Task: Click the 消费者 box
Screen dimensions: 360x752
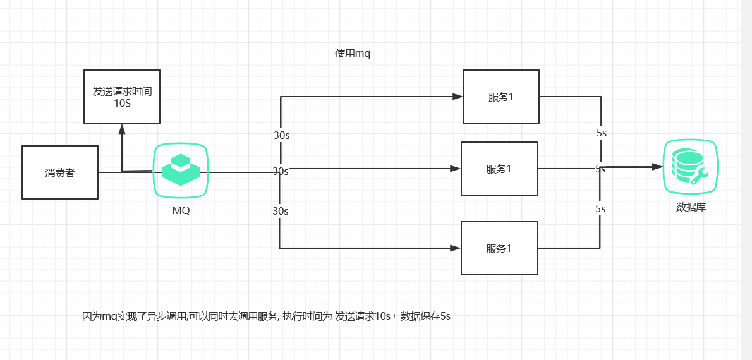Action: (60, 172)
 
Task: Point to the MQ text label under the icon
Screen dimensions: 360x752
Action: (181, 211)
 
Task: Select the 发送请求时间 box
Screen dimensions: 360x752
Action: (122, 96)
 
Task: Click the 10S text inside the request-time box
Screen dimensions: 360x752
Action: (123, 103)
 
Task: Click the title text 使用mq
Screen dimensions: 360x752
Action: (353, 54)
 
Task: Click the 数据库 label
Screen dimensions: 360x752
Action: (691, 207)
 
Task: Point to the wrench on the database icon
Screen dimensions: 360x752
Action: (699, 177)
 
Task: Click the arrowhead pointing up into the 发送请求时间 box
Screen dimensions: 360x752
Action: (122, 128)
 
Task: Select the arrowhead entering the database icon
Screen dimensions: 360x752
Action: (657, 167)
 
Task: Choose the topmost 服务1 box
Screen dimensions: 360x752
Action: (501, 97)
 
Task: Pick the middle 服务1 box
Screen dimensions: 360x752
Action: (499, 169)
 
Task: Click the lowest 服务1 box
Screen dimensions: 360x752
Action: (499, 248)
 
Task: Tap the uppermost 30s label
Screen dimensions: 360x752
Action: (281, 135)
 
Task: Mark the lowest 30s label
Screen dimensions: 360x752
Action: (281, 211)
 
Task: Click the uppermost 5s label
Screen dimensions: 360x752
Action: (602, 133)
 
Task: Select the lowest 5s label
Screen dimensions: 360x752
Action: (601, 208)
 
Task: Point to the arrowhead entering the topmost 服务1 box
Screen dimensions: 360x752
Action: (458, 97)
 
